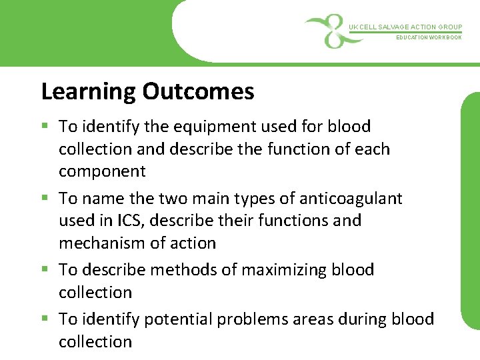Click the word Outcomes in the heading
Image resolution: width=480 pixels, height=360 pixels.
tap(198, 91)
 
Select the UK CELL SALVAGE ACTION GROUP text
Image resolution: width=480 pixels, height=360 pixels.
tap(405, 27)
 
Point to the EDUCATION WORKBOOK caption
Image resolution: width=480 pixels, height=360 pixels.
tap(429, 38)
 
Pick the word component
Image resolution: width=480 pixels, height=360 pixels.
tap(102, 171)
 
